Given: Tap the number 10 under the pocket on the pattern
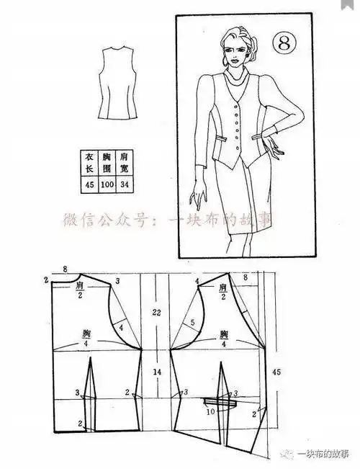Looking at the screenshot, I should click(x=211, y=412).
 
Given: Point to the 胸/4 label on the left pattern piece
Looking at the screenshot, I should click(x=86, y=338).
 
